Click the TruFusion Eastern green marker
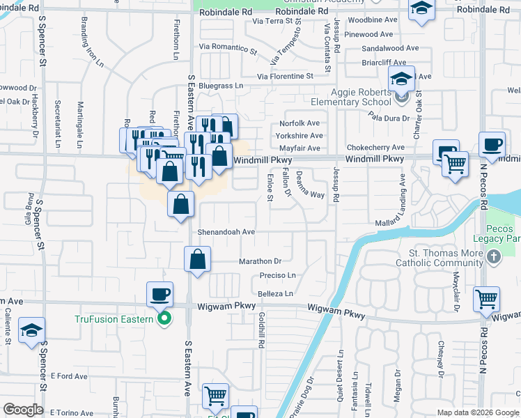pos(164,320)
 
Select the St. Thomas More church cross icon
pos(493,258)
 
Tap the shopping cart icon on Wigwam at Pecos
pos(486,299)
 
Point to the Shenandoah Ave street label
pos(226,231)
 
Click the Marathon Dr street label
pos(259,261)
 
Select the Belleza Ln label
pos(275,294)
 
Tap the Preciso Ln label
pos(277,276)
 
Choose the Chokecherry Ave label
pos(375,148)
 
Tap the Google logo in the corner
pos(23,410)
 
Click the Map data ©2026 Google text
pos(477,412)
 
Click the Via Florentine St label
pos(285,76)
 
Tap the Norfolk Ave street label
pos(300,123)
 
